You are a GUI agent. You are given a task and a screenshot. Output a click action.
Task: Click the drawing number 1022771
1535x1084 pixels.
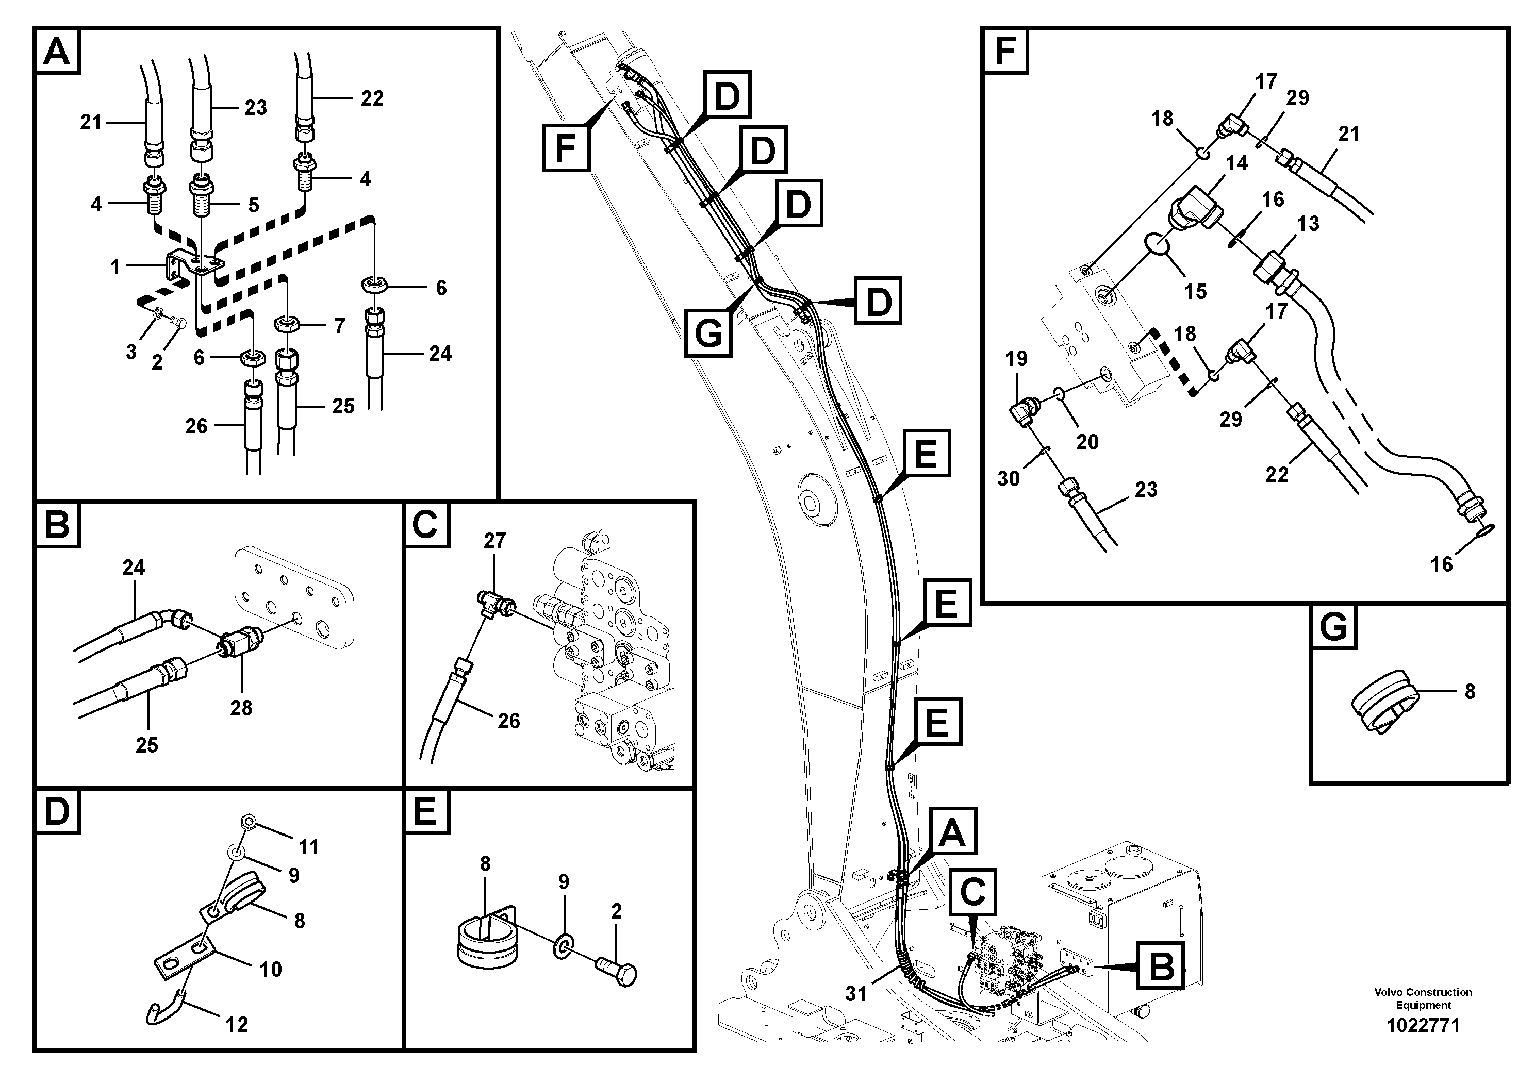1423,1025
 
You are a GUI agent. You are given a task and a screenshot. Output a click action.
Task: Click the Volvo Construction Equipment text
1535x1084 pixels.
1423,998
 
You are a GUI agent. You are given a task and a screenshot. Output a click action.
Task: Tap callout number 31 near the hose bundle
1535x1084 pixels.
856,994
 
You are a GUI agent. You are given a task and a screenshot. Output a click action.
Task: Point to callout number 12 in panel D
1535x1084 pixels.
237,1025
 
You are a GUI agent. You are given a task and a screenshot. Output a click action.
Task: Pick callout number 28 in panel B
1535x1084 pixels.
241,708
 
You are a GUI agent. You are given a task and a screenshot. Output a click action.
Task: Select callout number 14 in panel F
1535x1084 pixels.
1237,162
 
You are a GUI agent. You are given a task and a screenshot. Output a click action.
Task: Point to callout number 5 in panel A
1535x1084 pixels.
253,205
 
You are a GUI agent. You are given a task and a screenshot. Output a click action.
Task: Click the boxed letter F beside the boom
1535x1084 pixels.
566,147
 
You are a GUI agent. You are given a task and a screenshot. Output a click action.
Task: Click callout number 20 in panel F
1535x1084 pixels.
1087,442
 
